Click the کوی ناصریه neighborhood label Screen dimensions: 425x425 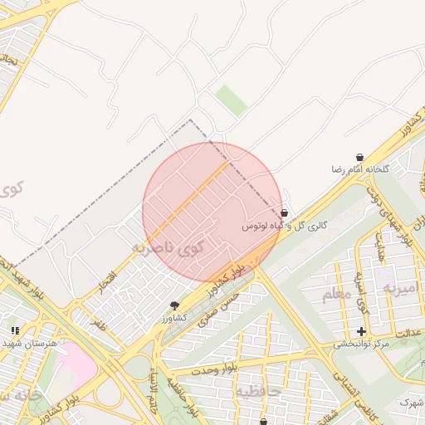tap(166, 247)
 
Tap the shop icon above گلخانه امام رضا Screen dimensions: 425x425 tap(359, 157)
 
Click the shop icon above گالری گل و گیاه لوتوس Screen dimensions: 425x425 tap(285, 213)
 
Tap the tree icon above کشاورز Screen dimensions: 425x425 tap(173, 305)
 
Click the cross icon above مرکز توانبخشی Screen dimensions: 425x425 tap(361, 331)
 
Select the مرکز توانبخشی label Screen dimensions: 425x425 tap(361, 344)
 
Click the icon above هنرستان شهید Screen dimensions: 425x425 tap(15, 330)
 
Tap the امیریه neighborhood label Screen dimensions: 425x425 tap(403, 288)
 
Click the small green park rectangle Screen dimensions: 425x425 tap(232, 100)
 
